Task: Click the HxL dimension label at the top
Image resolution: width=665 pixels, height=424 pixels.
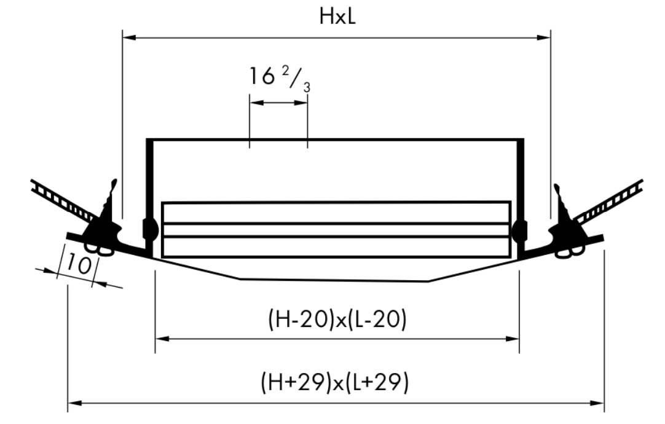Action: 337,17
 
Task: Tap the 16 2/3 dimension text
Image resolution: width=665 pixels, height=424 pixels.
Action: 280,79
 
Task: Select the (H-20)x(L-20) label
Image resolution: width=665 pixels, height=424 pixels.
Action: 337,319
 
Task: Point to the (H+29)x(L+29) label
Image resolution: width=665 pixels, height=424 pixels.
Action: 334,382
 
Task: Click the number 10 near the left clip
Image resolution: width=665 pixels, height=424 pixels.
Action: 79,265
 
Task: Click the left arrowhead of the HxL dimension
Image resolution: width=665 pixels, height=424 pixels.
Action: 129,37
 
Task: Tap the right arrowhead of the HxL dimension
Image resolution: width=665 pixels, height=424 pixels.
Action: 544,37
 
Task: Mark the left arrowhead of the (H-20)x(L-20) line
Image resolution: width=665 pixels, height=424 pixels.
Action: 162,339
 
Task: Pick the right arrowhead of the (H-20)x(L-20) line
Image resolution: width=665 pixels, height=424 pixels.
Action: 513,339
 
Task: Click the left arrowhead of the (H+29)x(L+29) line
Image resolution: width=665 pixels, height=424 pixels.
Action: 75,403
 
